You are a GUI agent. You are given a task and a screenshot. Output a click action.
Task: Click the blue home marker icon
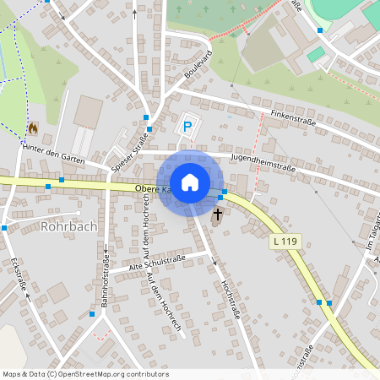(190, 182)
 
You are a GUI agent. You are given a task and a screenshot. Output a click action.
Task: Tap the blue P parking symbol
(187, 128)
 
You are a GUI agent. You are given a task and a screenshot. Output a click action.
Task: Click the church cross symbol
(217, 214)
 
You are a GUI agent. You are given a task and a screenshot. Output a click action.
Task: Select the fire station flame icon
(33, 128)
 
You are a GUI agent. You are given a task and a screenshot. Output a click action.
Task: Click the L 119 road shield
(285, 242)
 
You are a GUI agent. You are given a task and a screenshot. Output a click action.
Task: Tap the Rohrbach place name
(69, 227)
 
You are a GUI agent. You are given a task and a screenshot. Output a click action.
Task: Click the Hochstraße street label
(231, 301)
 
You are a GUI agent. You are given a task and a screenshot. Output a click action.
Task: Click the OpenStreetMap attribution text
(84, 374)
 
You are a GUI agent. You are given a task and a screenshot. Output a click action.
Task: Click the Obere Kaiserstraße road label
(155, 190)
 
